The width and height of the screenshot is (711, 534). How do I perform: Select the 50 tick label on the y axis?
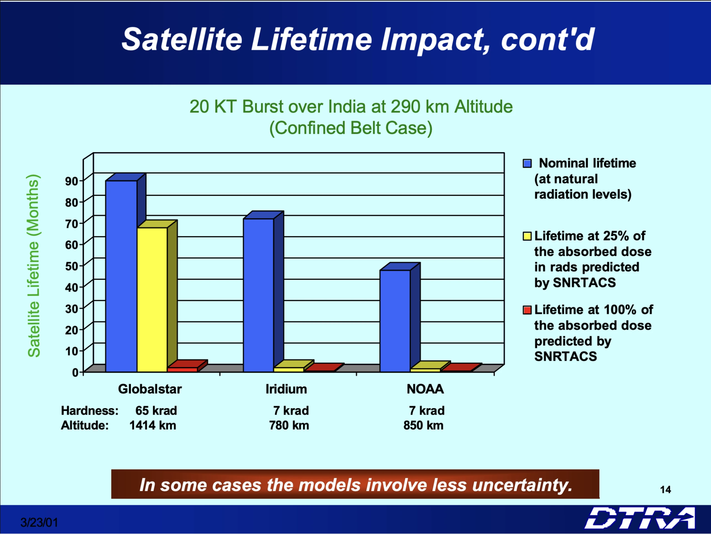[71, 266]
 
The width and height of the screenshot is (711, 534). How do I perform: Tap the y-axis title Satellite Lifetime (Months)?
[33, 266]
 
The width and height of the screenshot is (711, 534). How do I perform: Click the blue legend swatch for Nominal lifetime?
[527, 163]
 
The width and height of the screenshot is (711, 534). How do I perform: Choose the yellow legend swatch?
[527, 236]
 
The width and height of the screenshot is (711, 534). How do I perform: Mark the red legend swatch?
[527, 310]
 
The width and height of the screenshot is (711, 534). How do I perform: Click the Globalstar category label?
[150, 389]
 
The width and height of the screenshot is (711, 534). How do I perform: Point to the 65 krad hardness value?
[156, 411]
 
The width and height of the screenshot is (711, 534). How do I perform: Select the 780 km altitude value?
[289, 425]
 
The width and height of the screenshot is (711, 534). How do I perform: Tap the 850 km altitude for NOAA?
[423, 425]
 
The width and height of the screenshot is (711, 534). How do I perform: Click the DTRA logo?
[640, 518]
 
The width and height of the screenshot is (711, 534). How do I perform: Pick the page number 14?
[665, 490]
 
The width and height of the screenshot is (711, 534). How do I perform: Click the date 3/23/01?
[39, 522]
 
